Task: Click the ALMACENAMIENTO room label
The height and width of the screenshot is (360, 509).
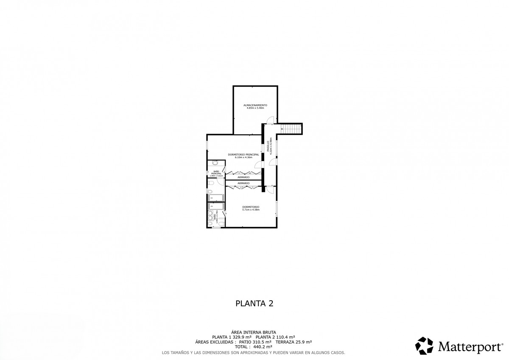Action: point(255,105)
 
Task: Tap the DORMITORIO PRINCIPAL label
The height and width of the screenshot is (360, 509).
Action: point(243,154)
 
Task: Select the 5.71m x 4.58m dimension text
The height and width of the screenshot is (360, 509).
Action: point(250,209)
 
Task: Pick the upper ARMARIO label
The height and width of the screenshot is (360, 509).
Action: point(243,177)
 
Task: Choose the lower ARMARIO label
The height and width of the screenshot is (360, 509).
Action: point(243,183)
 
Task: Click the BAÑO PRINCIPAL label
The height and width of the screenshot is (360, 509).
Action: point(216,173)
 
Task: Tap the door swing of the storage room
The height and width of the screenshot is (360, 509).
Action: point(271,120)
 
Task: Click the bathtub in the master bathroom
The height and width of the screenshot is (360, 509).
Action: point(216,197)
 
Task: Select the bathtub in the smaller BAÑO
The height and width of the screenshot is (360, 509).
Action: point(216,206)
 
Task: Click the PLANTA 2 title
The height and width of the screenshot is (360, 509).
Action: point(254,303)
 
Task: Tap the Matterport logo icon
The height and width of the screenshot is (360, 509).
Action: point(424,346)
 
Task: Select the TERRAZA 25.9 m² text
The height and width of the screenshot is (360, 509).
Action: point(294,342)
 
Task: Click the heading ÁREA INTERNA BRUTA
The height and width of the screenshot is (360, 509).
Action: point(254,332)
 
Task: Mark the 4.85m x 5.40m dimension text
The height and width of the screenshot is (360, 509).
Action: point(255,108)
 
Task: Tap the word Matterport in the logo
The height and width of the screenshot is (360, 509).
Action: point(468,347)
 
